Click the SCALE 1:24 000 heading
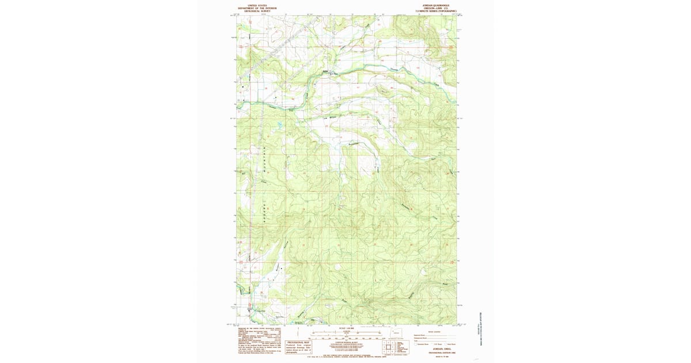pyautogui.click(x=345, y=328)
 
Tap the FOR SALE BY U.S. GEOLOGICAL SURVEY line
pyautogui.click(x=345, y=358)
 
